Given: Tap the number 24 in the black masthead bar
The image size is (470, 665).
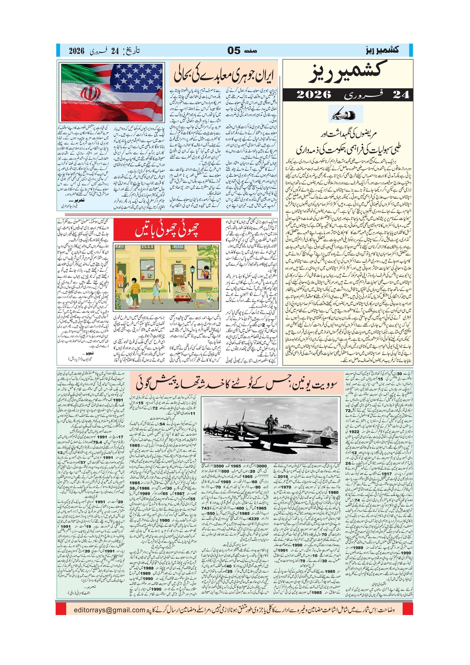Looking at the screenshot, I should point(401,95).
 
